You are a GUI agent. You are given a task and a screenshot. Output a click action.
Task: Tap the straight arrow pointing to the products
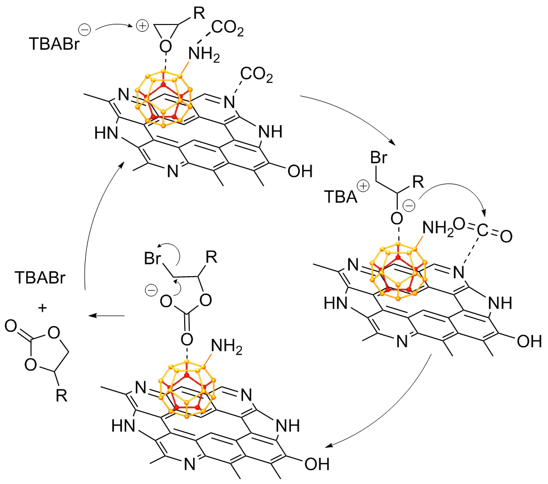coord(107,316)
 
